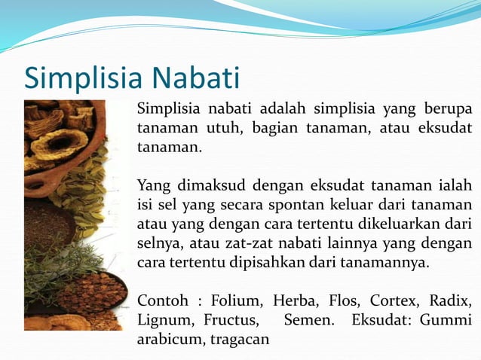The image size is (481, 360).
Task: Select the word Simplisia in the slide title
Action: tap(84, 78)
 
